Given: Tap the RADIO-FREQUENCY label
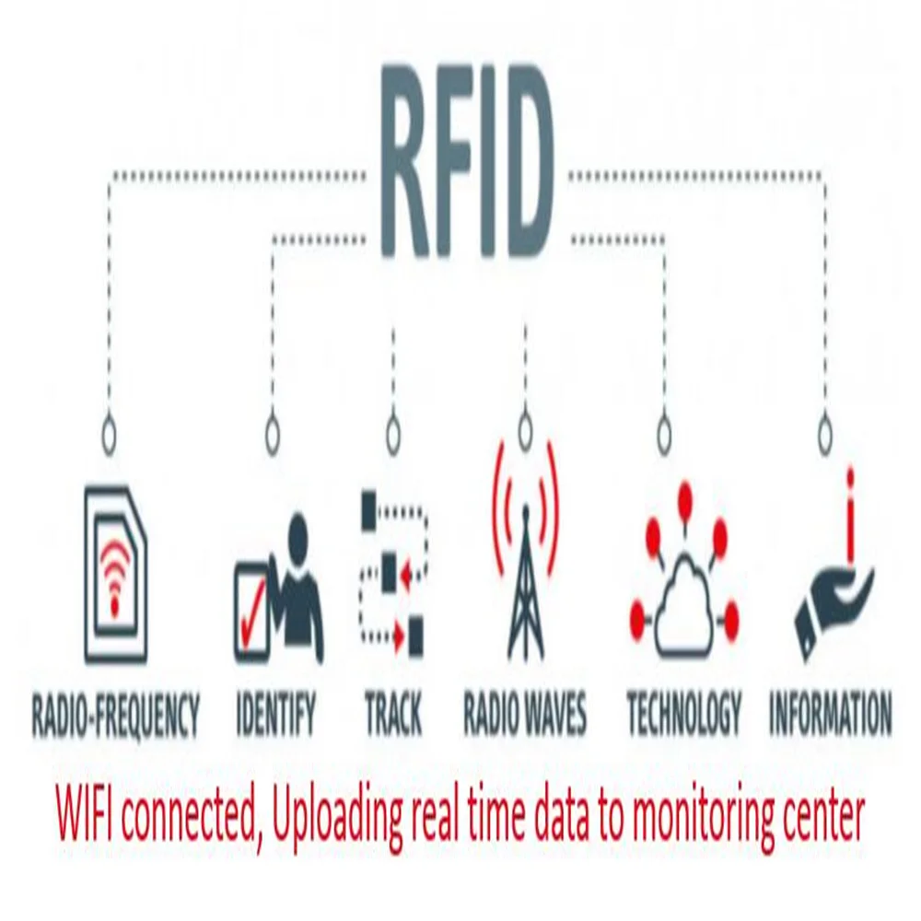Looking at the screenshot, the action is tap(115, 715).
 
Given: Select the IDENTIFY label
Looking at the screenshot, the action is tap(275, 715).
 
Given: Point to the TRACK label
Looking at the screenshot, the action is tap(393, 715).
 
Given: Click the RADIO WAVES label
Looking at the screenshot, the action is tap(524, 715).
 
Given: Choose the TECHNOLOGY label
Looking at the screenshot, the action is tap(683, 715).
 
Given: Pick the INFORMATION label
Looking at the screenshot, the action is tap(830, 715).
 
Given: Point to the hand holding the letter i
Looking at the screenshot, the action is tap(834, 580).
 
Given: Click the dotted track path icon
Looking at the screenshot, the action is tap(393, 571).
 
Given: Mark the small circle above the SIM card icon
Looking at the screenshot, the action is tap(110, 430).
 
